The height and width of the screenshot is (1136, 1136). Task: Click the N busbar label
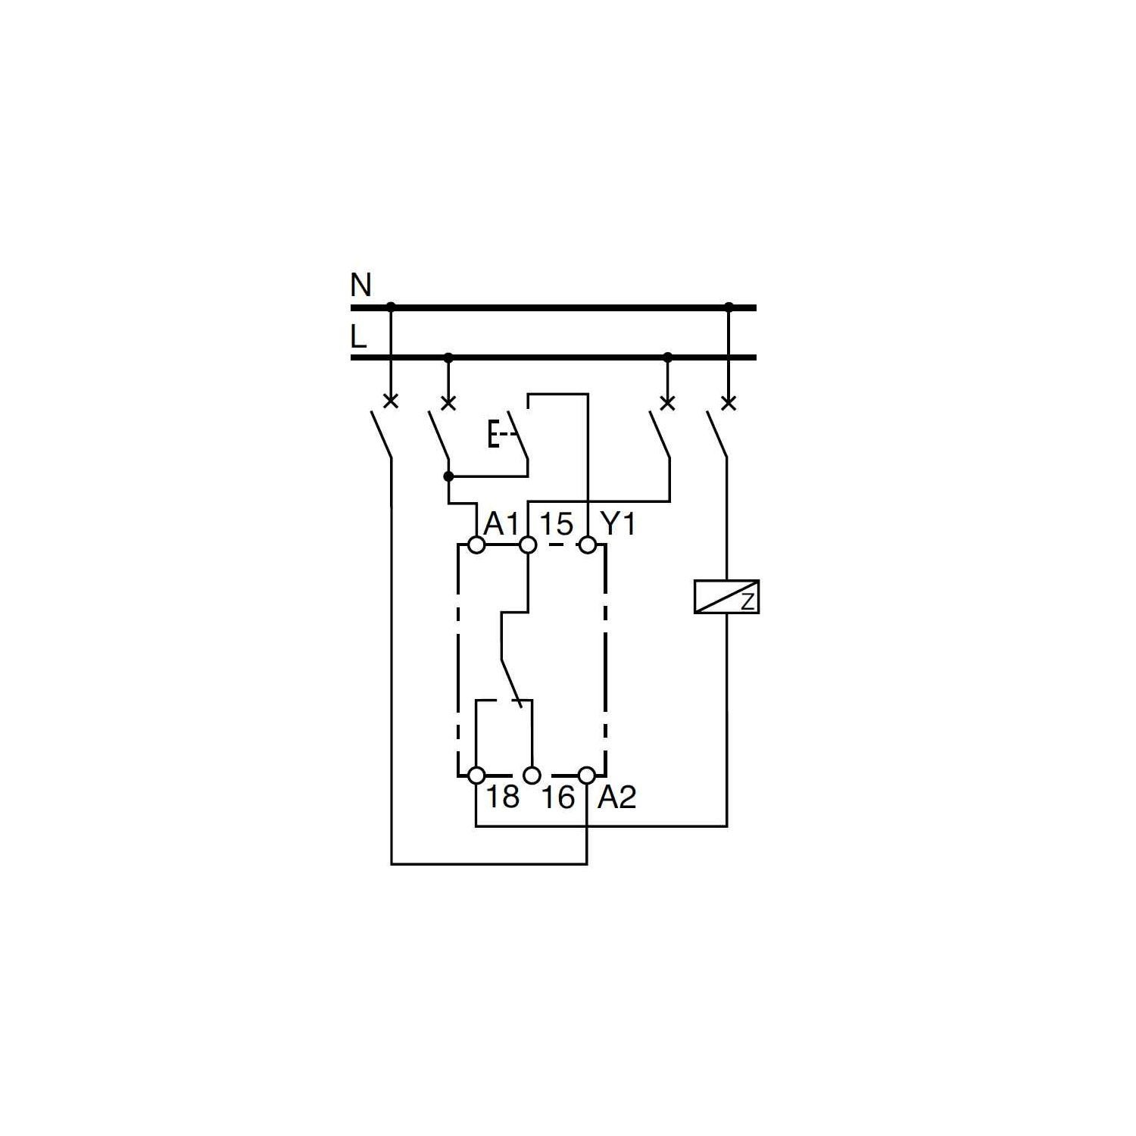click(361, 286)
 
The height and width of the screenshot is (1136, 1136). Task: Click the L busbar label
click(358, 336)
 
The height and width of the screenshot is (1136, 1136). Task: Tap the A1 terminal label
click(501, 523)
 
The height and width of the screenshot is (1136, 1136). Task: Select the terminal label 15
click(557, 523)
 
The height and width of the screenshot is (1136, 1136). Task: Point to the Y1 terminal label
click(617, 523)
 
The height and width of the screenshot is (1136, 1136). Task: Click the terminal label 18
click(502, 797)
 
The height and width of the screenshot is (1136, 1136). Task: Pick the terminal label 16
click(558, 797)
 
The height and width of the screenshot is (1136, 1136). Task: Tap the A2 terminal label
click(617, 797)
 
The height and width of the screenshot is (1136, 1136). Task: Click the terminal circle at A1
click(476, 545)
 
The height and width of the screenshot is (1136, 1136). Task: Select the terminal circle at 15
click(529, 545)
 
